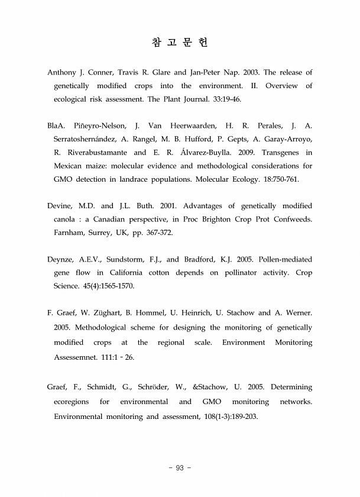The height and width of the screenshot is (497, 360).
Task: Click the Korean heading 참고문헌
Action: pyautogui.click(x=180, y=43)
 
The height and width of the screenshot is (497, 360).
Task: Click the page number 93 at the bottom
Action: pyautogui.click(x=180, y=469)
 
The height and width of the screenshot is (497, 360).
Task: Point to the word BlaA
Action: pyautogui.click(x=56, y=126)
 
